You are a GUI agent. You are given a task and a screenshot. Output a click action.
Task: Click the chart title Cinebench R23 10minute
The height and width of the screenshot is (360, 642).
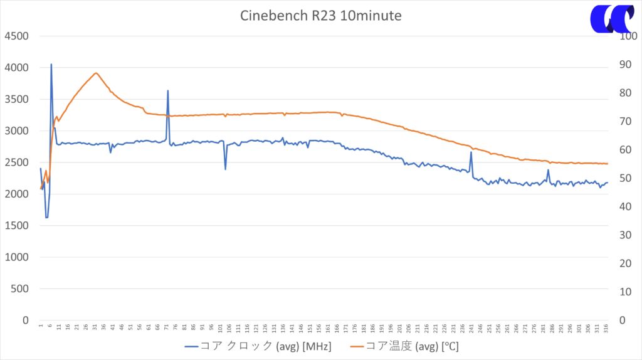pos(320,16)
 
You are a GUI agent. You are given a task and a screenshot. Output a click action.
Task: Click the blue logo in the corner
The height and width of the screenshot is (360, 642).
pos(612,19)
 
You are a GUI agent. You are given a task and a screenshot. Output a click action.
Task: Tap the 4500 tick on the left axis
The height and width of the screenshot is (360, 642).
pos(16,36)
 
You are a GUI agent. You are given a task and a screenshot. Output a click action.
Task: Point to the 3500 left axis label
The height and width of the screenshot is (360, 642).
pos(16,99)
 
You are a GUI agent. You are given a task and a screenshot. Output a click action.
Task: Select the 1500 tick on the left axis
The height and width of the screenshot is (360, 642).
pos(16,225)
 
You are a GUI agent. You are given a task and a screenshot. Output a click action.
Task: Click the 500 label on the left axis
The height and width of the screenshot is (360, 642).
pos(20,289)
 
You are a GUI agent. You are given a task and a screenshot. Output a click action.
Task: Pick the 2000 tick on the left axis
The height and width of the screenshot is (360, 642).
pos(16,194)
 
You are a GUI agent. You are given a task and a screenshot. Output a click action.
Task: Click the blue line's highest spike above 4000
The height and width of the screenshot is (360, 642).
pos(51,64)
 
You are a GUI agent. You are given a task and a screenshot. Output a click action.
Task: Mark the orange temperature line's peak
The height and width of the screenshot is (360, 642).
pos(95,73)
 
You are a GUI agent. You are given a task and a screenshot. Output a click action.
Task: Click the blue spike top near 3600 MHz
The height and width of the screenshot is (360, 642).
pos(168,90)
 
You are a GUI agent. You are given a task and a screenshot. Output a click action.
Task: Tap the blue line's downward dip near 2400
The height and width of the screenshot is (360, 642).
pos(226,169)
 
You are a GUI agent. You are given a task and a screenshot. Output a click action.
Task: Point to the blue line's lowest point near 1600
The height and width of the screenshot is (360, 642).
pos(46,217)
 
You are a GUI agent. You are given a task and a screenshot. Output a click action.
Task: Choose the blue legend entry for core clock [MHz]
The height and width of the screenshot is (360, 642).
pos(258,346)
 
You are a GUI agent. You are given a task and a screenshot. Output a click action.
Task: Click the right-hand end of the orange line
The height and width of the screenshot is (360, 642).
pos(607,164)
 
